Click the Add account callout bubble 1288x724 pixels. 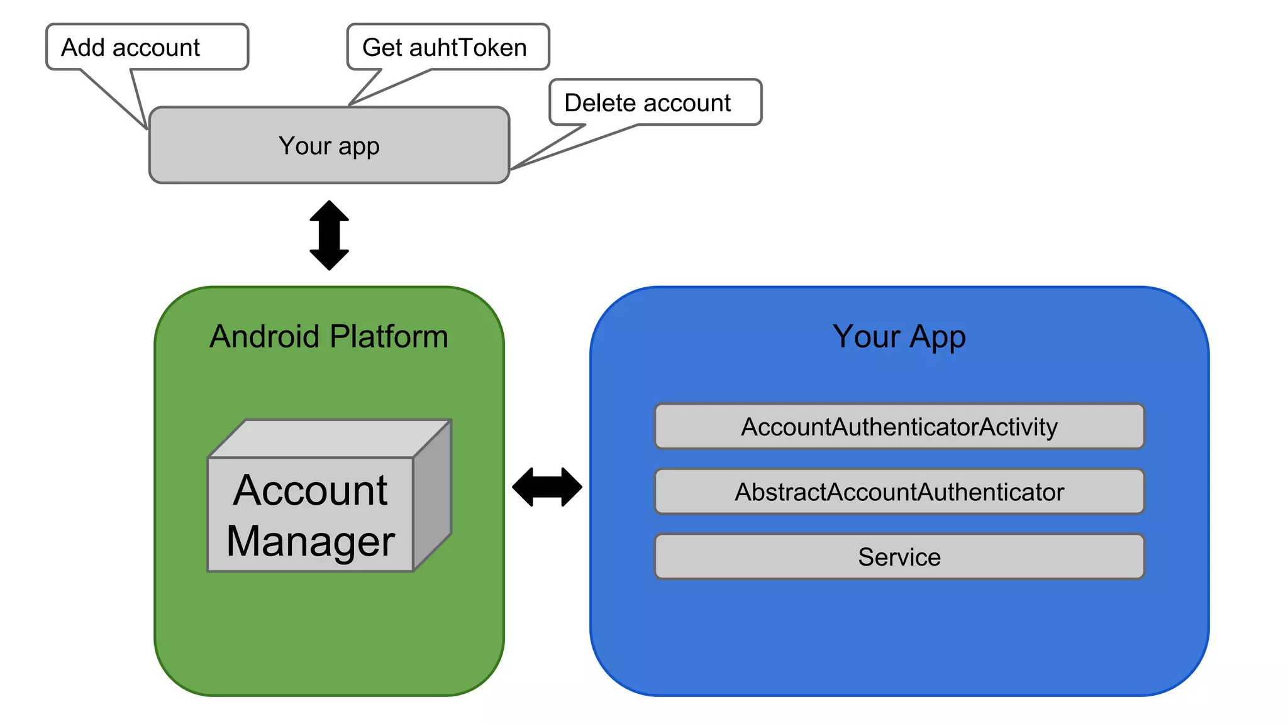click(x=147, y=47)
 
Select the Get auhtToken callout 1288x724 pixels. click(x=448, y=47)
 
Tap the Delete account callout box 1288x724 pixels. click(x=655, y=102)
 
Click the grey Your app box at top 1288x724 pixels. click(x=329, y=146)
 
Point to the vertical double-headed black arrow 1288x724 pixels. click(x=329, y=236)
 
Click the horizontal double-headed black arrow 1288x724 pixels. click(x=547, y=486)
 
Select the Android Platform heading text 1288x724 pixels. click(x=329, y=336)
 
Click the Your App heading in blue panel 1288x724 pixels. click(x=899, y=336)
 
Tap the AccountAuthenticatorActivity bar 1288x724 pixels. click(x=899, y=427)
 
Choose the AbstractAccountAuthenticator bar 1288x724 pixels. click(x=899, y=491)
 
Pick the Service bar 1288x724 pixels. click(x=899, y=557)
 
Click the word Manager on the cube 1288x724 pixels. click(x=311, y=540)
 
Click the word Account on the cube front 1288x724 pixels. click(x=310, y=490)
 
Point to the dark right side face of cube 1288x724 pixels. click(x=433, y=496)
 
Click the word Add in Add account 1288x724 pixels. click(x=82, y=47)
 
